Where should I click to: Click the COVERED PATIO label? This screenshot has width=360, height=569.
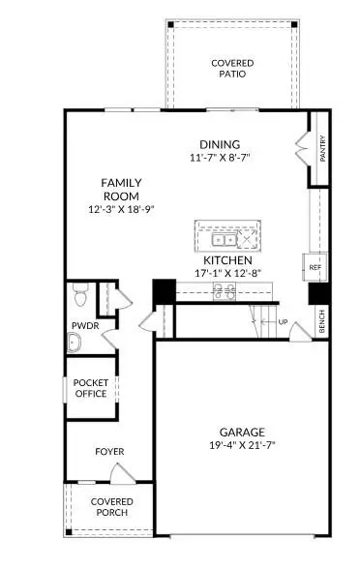[x=233, y=68]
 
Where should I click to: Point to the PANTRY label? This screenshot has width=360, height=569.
[x=322, y=148]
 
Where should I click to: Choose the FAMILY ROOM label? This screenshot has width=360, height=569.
[x=123, y=190]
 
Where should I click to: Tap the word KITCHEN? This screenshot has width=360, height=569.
[x=227, y=260]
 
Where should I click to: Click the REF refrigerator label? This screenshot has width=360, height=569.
[x=315, y=267]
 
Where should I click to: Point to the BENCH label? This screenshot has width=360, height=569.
[x=322, y=322]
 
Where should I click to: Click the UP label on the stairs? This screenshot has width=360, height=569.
[x=284, y=321]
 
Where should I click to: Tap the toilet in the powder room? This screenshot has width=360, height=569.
[x=81, y=291]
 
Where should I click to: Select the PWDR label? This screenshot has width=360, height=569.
[x=80, y=325]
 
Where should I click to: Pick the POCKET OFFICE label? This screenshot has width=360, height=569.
[x=92, y=388]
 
